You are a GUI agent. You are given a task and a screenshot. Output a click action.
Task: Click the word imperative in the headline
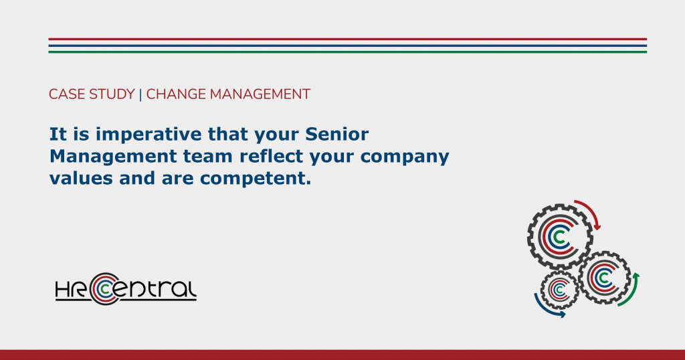148,134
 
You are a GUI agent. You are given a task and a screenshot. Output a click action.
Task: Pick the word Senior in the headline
337,134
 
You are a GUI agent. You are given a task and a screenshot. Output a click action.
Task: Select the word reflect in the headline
272,156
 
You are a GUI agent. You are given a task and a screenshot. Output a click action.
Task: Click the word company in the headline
405,157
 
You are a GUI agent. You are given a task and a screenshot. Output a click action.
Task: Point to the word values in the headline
81,178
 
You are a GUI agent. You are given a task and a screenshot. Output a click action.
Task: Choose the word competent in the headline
256,179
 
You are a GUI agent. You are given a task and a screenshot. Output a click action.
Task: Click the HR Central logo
126,289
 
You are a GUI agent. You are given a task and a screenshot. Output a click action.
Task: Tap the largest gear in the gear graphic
560,236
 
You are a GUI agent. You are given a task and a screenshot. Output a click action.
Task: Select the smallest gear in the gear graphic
560,290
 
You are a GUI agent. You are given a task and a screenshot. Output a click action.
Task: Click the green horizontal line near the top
347,52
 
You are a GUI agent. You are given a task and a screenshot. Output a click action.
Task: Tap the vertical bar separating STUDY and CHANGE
140,95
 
